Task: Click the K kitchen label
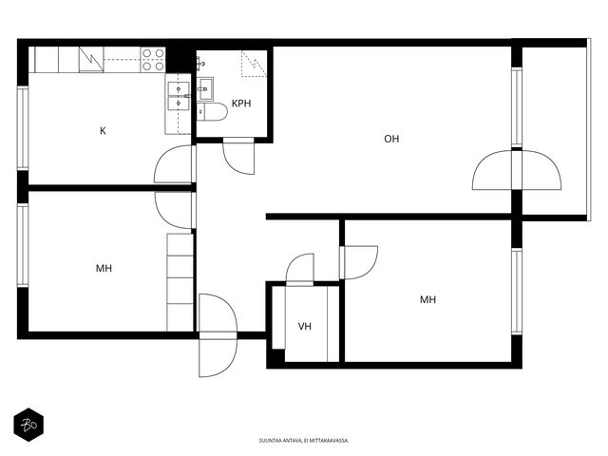point(103,131)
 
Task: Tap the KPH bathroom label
point(241,104)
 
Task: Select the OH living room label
point(391,139)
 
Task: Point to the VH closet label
point(305,327)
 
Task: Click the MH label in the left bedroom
point(104,268)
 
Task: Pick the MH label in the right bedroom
point(428,300)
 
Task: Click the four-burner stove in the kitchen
point(153,60)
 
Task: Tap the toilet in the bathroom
point(212,112)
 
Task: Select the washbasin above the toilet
point(205,89)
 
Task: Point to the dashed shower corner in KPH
point(255,64)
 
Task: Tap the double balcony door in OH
point(517,170)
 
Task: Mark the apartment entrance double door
point(218,335)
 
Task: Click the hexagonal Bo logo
point(28,425)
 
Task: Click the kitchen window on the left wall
point(23,128)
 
